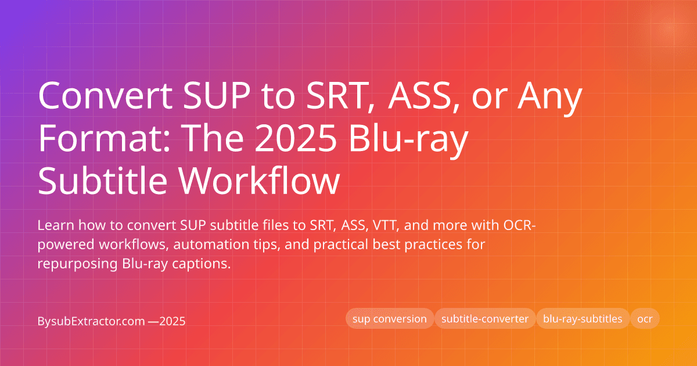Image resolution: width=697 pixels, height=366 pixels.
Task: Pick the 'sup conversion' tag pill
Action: (x=390, y=319)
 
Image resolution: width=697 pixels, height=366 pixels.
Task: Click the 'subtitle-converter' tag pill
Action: (x=485, y=319)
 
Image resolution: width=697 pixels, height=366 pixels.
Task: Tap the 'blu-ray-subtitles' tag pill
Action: (x=583, y=319)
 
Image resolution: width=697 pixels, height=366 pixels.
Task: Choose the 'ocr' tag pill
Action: (x=645, y=319)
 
